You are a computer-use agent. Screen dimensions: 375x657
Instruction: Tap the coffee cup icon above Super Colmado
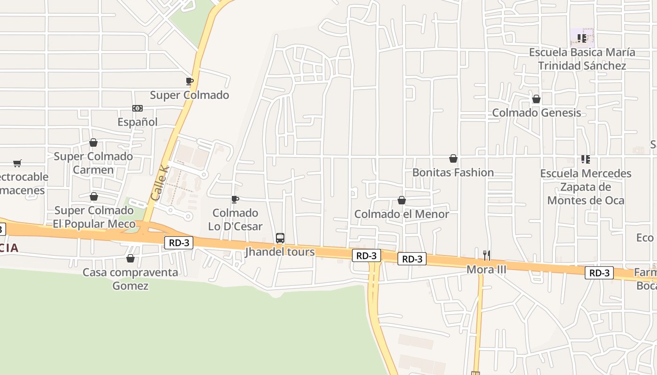(190, 82)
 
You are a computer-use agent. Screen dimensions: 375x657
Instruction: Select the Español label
(138, 122)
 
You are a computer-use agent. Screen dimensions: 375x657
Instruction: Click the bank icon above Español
(138, 108)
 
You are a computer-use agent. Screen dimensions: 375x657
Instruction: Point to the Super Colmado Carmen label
(93, 163)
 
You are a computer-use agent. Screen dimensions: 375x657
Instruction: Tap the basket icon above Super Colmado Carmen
(93, 142)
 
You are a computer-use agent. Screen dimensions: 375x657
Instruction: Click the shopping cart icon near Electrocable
(17, 163)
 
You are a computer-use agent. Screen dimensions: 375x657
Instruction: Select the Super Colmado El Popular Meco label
(94, 217)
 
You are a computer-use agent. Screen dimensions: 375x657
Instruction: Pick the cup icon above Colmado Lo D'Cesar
(235, 199)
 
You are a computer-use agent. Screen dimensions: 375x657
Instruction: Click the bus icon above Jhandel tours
(280, 238)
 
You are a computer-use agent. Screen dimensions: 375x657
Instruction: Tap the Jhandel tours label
(280, 252)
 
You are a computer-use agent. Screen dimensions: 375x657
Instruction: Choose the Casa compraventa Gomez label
(130, 279)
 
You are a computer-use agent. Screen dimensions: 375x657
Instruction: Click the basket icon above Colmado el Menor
(402, 200)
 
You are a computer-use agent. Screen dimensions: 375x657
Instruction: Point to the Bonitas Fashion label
(453, 172)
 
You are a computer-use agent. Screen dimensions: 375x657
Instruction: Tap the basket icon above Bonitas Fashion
(453, 158)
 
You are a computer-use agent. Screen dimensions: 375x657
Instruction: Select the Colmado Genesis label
(536, 112)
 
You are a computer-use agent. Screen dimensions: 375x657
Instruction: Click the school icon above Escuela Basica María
(582, 38)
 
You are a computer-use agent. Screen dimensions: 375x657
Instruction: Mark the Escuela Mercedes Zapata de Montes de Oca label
(586, 187)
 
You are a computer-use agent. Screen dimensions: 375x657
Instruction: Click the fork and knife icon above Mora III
(487, 255)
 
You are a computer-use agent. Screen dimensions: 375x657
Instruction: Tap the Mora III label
(487, 270)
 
